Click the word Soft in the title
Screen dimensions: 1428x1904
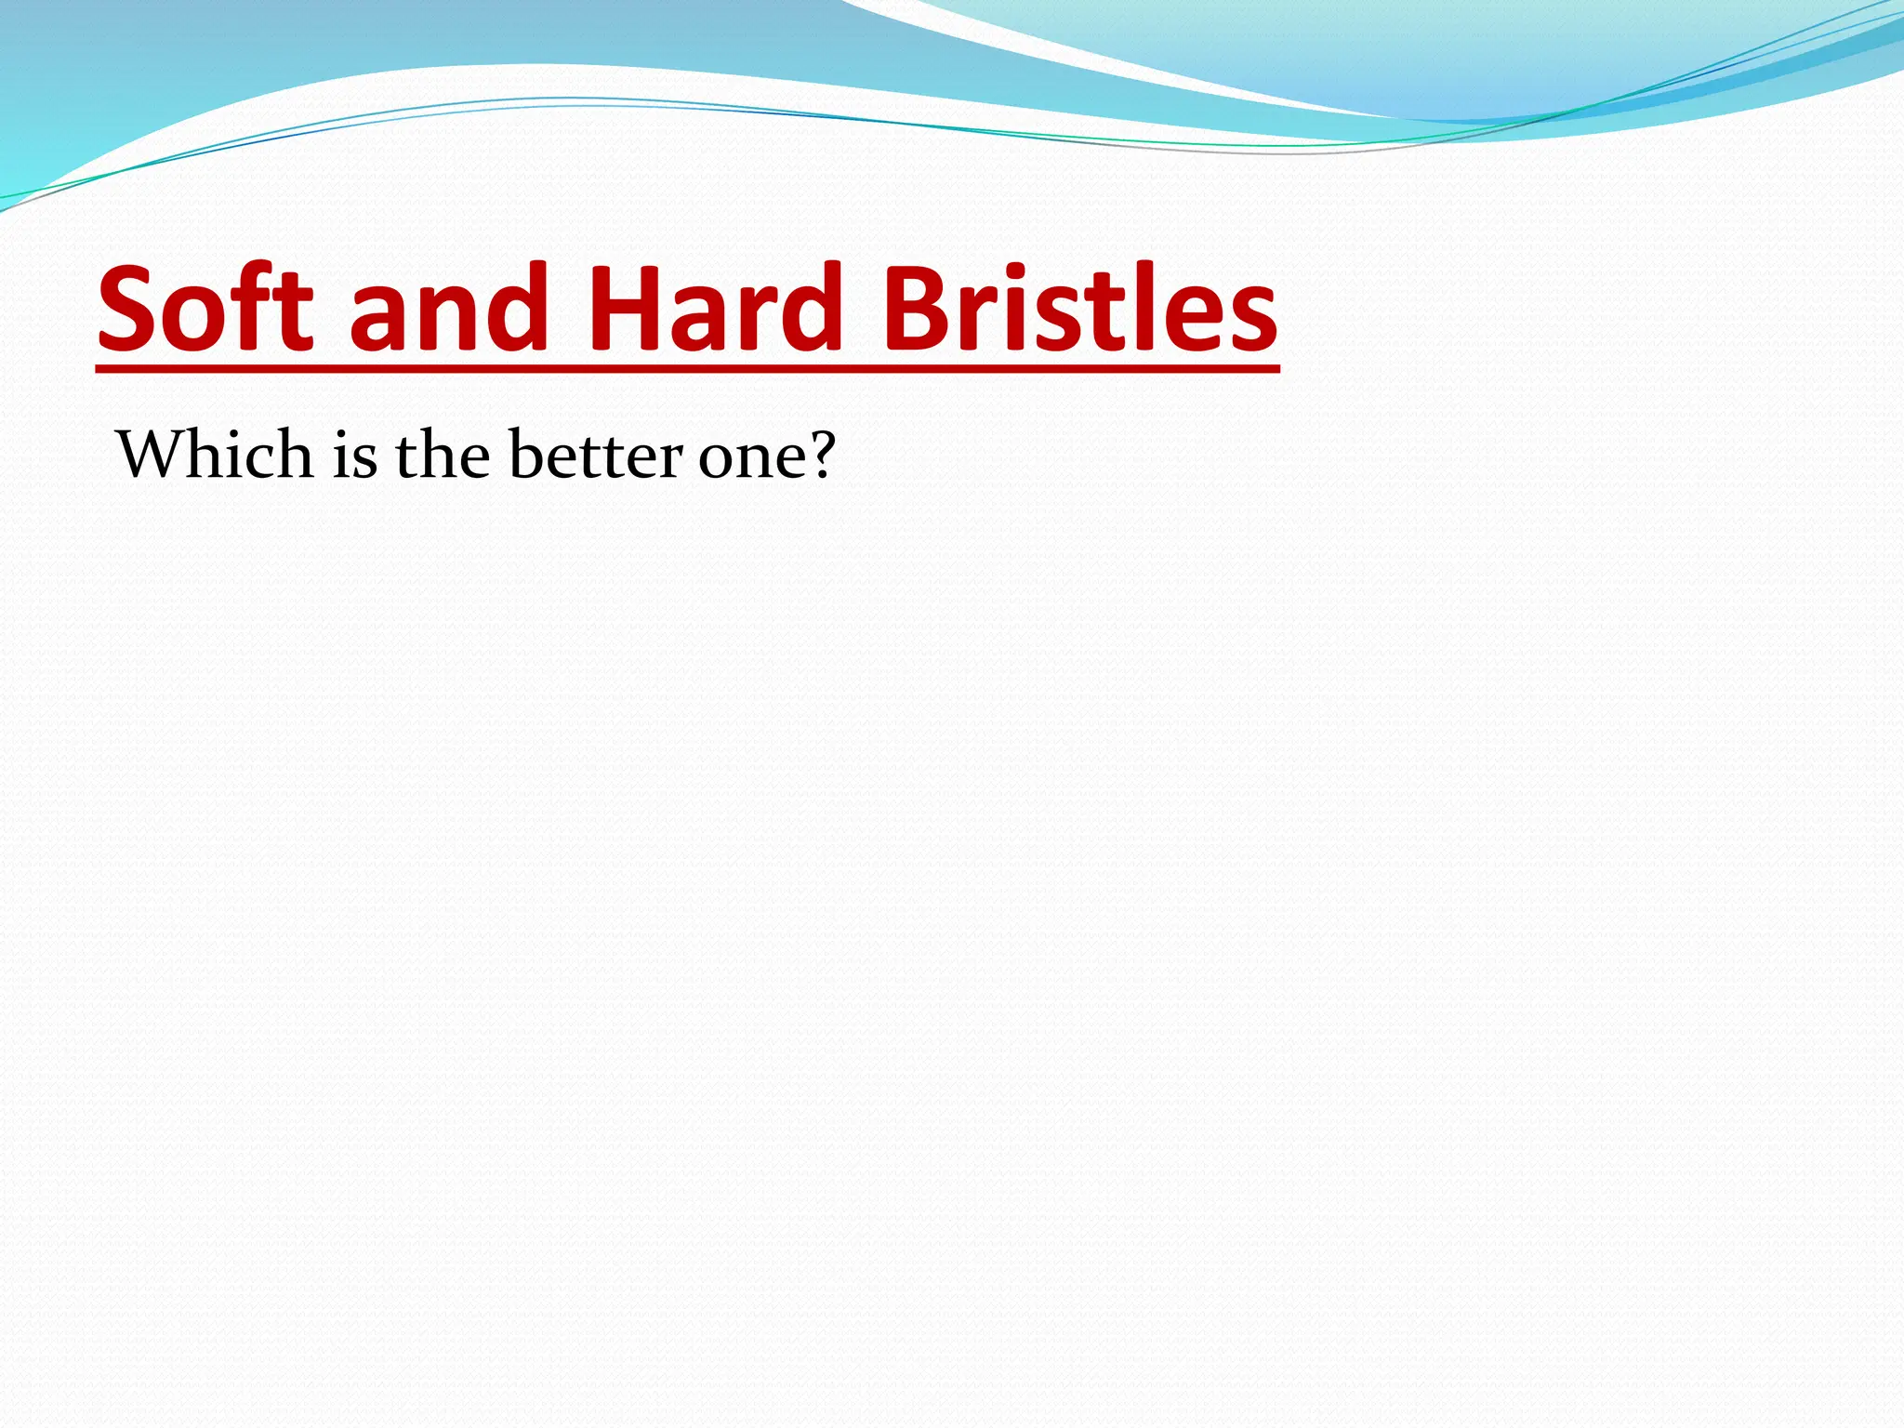(205, 309)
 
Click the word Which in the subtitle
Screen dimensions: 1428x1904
(215, 455)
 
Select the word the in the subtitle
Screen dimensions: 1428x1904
(443, 455)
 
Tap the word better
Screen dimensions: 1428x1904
(596, 455)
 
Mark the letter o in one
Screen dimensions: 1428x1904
(716, 459)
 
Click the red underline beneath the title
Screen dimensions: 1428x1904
(688, 370)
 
